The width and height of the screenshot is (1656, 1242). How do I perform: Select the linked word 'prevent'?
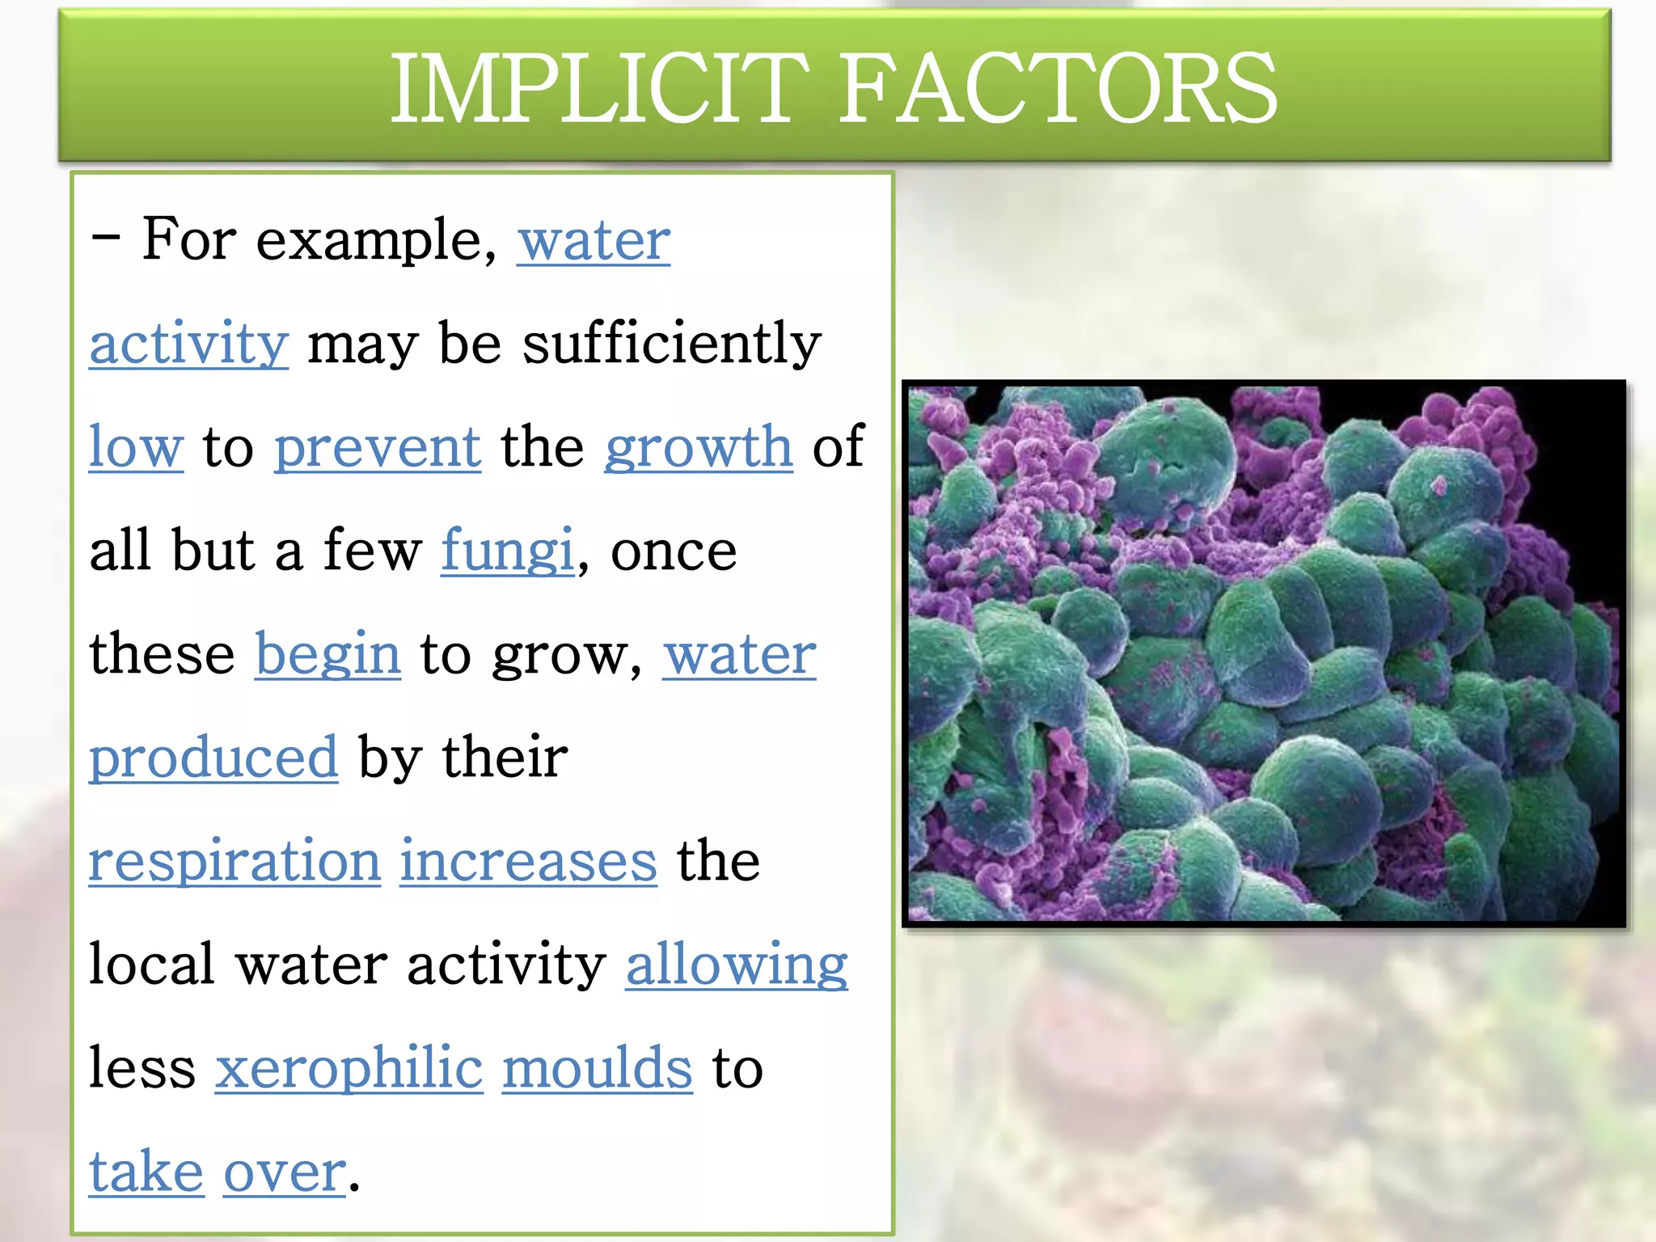pyautogui.click(x=378, y=447)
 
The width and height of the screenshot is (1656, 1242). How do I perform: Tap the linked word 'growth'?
pyautogui.click(x=699, y=447)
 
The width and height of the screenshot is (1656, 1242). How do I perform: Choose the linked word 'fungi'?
pyautogui.click(x=508, y=551)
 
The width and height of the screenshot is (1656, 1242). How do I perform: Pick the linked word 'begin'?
pyautogui.click(x=327, y=654)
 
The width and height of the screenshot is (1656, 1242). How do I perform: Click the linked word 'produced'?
pyautogui.click(x=213, y=758)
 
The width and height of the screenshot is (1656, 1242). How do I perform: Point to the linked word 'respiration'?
pyautogui.click(x=234, y=861)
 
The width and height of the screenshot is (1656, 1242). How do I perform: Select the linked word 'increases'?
pyautogui.click(x=528, y=861)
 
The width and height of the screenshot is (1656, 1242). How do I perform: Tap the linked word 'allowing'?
pyautogui.click(x=737, y=965)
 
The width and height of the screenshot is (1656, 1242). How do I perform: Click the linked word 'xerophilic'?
pyautogui.click(x=349, y=1068)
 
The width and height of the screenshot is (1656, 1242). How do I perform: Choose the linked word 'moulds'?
pyautogui.click(x=598, y=1068)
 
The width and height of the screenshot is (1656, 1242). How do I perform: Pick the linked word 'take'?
pyautogui.click(x=146, y=1172)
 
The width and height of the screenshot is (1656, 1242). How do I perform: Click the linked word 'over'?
pyautogui.click(x=285, y=1172)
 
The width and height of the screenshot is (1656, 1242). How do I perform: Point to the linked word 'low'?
pyautogui.click(x=136, y=447)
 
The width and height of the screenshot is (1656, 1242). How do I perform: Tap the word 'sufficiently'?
pyautogui.click(x=672, y=344)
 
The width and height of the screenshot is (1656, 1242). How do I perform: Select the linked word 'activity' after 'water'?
pyautogui.click(x=188, y=344)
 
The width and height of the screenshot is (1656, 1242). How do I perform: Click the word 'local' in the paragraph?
pyautogui.click(x=152, y=965)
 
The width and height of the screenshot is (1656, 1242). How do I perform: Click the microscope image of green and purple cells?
pyautogui.click(x=1263, y=653)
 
